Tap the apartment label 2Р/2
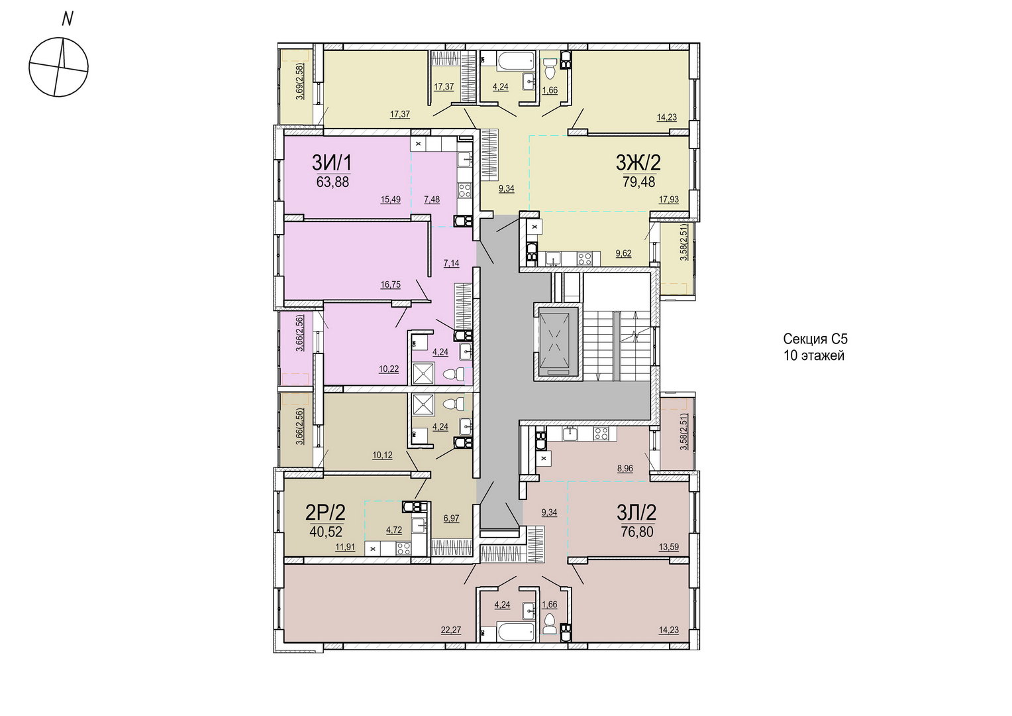point(325,512)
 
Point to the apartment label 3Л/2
point(636,512)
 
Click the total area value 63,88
point(332,182)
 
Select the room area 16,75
point(390,284)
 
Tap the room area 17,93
point(669,199)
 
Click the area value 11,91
point(345,548)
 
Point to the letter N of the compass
point(68,19)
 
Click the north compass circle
point(59,66)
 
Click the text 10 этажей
point(814,355)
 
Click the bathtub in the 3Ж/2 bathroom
point(516,62)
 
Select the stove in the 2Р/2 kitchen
point(403,548)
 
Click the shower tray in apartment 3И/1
point(423,373)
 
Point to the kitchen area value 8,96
point(625,469)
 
